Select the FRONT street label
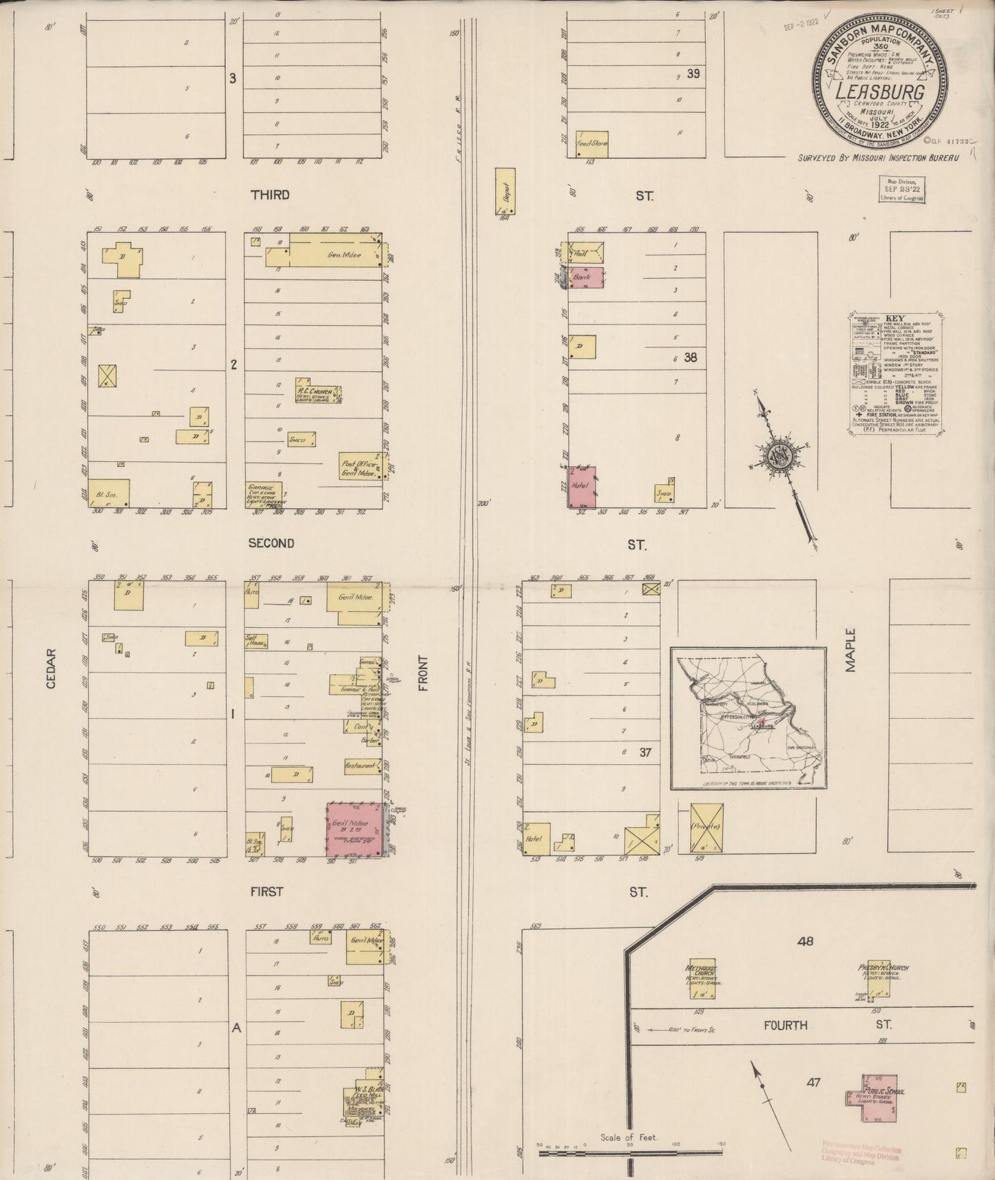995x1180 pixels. click(422, 673)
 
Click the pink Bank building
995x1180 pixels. click(586, 277)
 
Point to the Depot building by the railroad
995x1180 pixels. click(506, 191)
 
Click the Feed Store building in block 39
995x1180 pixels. click(591, 144)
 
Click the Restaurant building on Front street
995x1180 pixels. click(362, 766)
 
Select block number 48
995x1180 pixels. click(804, 940)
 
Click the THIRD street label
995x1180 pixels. click(270, 195)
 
